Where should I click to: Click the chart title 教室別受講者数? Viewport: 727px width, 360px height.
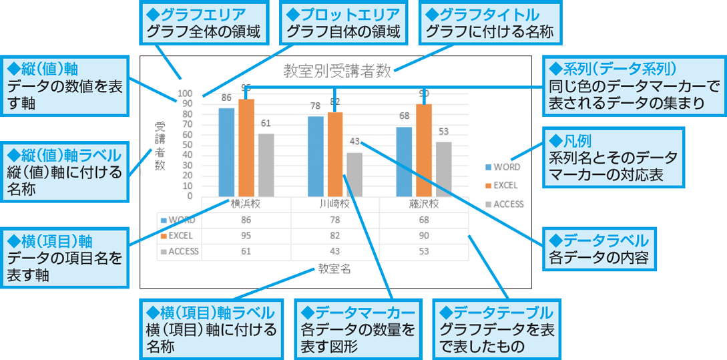point(336,71)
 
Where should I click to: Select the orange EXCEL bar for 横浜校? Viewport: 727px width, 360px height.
point(246,147)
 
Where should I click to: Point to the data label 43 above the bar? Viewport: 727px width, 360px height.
point(354,141)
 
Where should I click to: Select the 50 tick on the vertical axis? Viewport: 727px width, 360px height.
point(187,145)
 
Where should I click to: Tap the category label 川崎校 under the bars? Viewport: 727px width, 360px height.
point(334,204)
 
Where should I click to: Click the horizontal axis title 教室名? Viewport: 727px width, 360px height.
point(334,269)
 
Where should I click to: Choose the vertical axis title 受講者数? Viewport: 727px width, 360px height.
point(160,146)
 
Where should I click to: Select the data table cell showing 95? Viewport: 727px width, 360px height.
point(246,236)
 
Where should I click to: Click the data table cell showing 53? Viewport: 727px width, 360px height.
point(424,251)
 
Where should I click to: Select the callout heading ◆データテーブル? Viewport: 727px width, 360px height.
point(493,313)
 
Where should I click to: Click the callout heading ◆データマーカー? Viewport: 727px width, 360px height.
point(357,313)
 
